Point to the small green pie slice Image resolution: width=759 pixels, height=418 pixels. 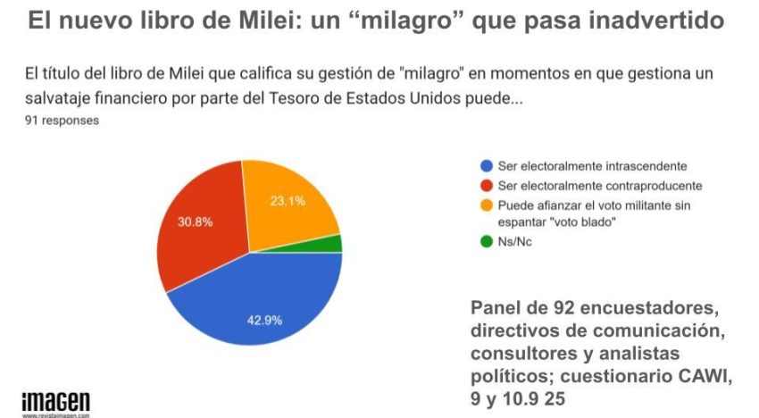click(332, 243)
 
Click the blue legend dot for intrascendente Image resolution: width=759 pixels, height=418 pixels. click(487, 166)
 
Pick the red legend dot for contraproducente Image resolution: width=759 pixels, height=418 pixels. click(487, 186)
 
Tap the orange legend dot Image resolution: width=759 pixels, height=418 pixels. click(487, 205)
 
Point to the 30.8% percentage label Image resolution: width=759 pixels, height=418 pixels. click(195, 222)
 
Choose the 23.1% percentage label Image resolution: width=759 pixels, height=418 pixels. click(288, 201)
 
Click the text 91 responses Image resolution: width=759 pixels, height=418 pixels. click(62, 119)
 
